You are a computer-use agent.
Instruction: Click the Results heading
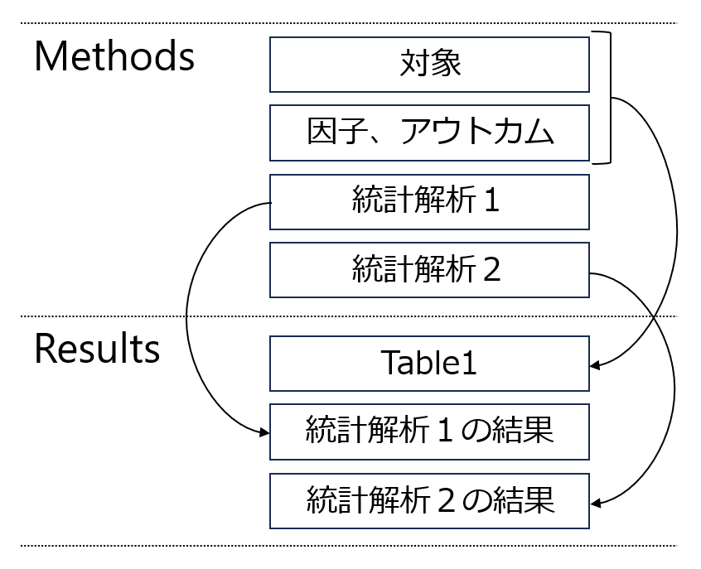tap(96, 350)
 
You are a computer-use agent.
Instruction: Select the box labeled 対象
tap(429, 64)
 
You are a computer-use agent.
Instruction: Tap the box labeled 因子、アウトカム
tap(429, 133)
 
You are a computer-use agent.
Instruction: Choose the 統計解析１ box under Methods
tap(429, 201)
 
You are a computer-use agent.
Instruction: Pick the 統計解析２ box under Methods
tap(429, 269)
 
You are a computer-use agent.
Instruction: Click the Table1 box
tap(429, 363)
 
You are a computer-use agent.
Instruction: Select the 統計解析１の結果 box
tap(429, 432)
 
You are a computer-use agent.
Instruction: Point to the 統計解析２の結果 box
tap(429, 500)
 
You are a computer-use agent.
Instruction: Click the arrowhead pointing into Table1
tap(596, 364)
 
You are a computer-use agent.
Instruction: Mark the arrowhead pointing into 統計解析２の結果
tap(596, 502)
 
